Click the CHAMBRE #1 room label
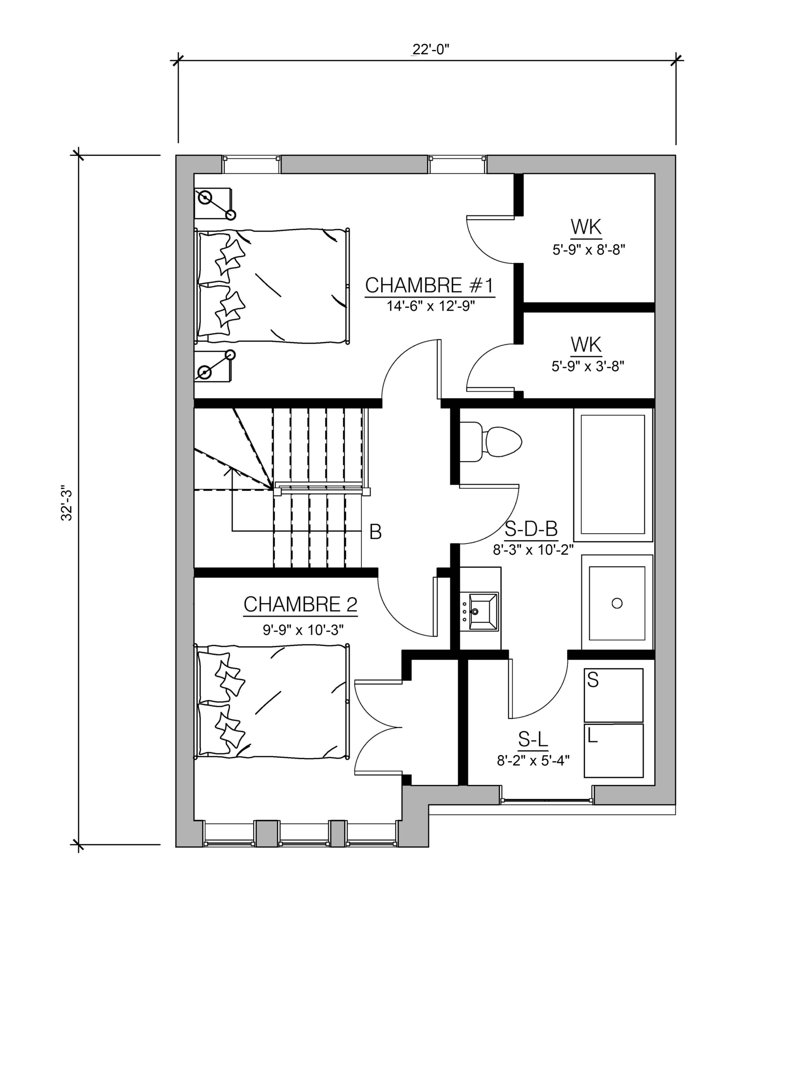click(429, 285)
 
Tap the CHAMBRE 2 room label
click(300, 604)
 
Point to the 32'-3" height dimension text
click(67, 505)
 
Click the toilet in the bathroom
click(490, 441)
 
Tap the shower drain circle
click(617, 604)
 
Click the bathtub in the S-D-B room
click(613, 474)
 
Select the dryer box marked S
click(613, 695)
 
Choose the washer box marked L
click(613, 750)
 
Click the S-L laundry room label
click(533, 739)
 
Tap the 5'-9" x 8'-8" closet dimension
click(589, 250)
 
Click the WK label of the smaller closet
click(586, 345)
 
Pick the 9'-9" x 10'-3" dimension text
click(303, 630)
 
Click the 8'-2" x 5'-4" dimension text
click(533, 760)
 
